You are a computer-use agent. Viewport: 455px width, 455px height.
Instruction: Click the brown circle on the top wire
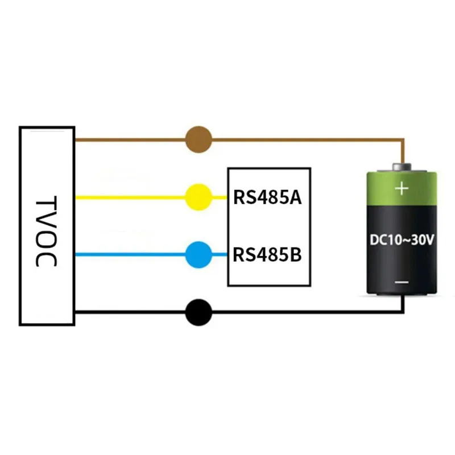pos(198,139)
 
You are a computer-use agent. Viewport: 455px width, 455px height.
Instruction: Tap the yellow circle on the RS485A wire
pos(198,197)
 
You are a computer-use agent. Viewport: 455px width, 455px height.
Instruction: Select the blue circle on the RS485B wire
pos(198,255)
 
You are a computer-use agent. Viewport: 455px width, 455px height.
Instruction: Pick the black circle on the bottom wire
pos(198,312)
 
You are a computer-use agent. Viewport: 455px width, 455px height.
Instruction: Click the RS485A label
pos(267,197)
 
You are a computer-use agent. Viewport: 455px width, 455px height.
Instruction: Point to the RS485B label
pos(267,255)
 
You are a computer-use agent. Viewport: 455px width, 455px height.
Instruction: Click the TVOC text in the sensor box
pos(47,231)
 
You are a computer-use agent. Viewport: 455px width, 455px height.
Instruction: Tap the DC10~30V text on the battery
pos(402,239)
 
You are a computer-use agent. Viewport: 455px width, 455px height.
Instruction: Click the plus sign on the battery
pos(402,189)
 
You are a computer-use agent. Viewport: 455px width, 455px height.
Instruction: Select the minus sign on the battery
pos(402,282)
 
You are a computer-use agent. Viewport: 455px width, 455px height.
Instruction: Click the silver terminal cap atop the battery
pos(402,167)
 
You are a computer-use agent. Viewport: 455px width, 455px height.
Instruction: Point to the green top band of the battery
pos(402,189)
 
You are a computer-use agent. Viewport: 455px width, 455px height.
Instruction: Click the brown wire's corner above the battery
pos(403,139)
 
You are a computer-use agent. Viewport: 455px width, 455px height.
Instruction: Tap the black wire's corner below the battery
pos(403,312)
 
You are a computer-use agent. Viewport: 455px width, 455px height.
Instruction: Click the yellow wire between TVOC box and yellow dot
pos(130,197)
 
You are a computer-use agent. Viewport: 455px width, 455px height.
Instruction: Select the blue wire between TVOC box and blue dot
pos(130,255)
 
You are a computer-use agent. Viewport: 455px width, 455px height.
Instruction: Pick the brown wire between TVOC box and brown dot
pos(130,139)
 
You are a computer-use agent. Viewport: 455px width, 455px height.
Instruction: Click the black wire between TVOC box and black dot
pos(130,312)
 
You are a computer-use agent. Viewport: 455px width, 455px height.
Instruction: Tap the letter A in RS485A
pos(295,197)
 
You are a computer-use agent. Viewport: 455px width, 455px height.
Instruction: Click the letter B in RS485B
pos(296,255)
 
